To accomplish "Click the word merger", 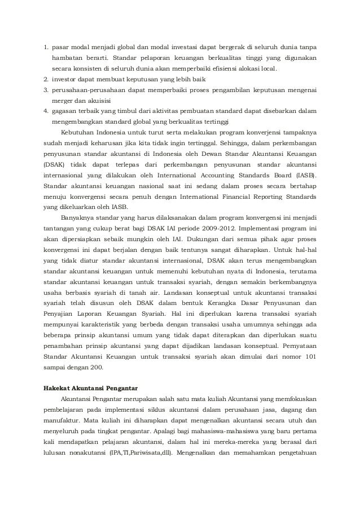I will (63, 101).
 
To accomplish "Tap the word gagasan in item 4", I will (65, 112).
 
